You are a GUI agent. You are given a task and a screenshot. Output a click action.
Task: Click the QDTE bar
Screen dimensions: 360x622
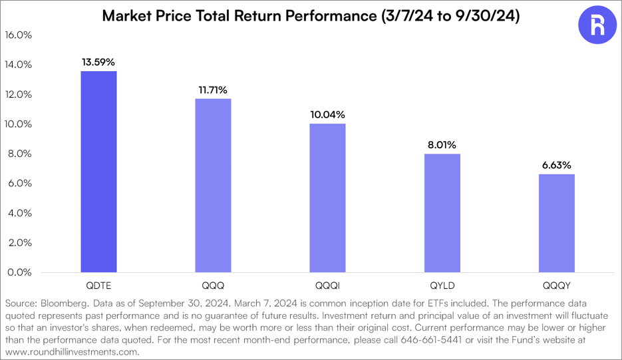click(x=98, y=172)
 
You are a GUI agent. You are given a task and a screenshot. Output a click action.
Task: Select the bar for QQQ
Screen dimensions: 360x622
click(x=213, y=186)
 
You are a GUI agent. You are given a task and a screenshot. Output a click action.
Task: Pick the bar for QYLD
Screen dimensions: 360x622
click(x=442, y=213)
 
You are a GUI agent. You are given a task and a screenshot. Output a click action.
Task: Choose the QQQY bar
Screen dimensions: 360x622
click(x=556, y=223)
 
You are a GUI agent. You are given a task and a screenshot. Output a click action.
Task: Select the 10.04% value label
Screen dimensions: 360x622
click(x=327, y=114)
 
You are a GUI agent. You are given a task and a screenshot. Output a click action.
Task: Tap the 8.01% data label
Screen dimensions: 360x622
click(x=442, y=144)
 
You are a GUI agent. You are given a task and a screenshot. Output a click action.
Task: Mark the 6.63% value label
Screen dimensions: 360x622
click(x=556, y=164)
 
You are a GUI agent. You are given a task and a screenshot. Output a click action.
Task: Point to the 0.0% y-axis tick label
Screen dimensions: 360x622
click(x=19, y=272)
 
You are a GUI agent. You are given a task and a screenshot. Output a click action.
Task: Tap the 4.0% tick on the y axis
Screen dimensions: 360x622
click(x=19, y=213)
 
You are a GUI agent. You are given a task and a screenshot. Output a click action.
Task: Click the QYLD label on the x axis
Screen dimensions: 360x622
click(x=442, y=284)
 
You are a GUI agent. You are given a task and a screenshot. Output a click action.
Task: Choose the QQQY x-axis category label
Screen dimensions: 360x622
click(x=556, y=284)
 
